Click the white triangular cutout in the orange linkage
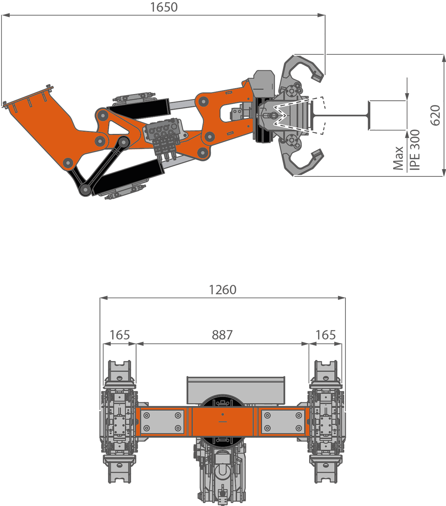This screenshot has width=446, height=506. point(117,128)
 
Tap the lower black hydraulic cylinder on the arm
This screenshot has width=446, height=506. point(128,176)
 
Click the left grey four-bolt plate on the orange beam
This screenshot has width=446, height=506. point(162,421)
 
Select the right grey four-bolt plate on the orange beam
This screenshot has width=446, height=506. point(283,421)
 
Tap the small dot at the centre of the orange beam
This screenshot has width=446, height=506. point(222,414)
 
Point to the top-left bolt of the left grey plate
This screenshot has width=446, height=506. point(146,415)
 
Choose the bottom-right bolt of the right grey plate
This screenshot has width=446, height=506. point(299,428)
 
